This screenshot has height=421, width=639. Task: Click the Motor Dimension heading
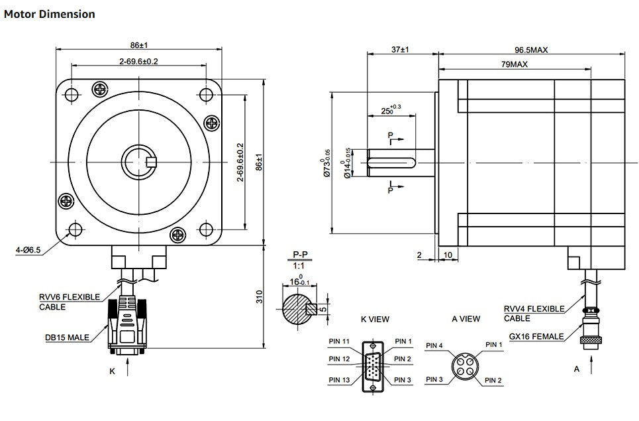click(x=50, y=14)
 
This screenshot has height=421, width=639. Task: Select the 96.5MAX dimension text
click(x=532, y=50)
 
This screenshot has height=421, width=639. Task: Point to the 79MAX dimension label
click(x=514, y=64)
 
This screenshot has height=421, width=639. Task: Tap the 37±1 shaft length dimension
click(x=401, y=50)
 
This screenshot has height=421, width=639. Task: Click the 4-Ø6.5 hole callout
click(x=28, y=250)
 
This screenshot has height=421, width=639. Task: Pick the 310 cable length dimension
click(x=260, y=296)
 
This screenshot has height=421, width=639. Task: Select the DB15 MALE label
click(x=67, y=337)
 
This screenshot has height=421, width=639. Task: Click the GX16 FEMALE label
click(x=536, y=336)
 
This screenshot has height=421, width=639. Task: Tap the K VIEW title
click(x=375, y=319)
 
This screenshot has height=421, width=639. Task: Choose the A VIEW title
click(x=466, y=319)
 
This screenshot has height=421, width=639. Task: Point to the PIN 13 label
click(x=340, y=380)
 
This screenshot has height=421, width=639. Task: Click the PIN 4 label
click(x=435, y=345)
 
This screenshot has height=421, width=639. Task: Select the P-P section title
click(x=299, y=254)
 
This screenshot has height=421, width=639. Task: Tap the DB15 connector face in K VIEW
click(x=373, y=367)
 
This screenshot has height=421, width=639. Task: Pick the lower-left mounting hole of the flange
click(x=75, y=229)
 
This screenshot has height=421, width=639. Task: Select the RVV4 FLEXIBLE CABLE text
click(x=534, y=313)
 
